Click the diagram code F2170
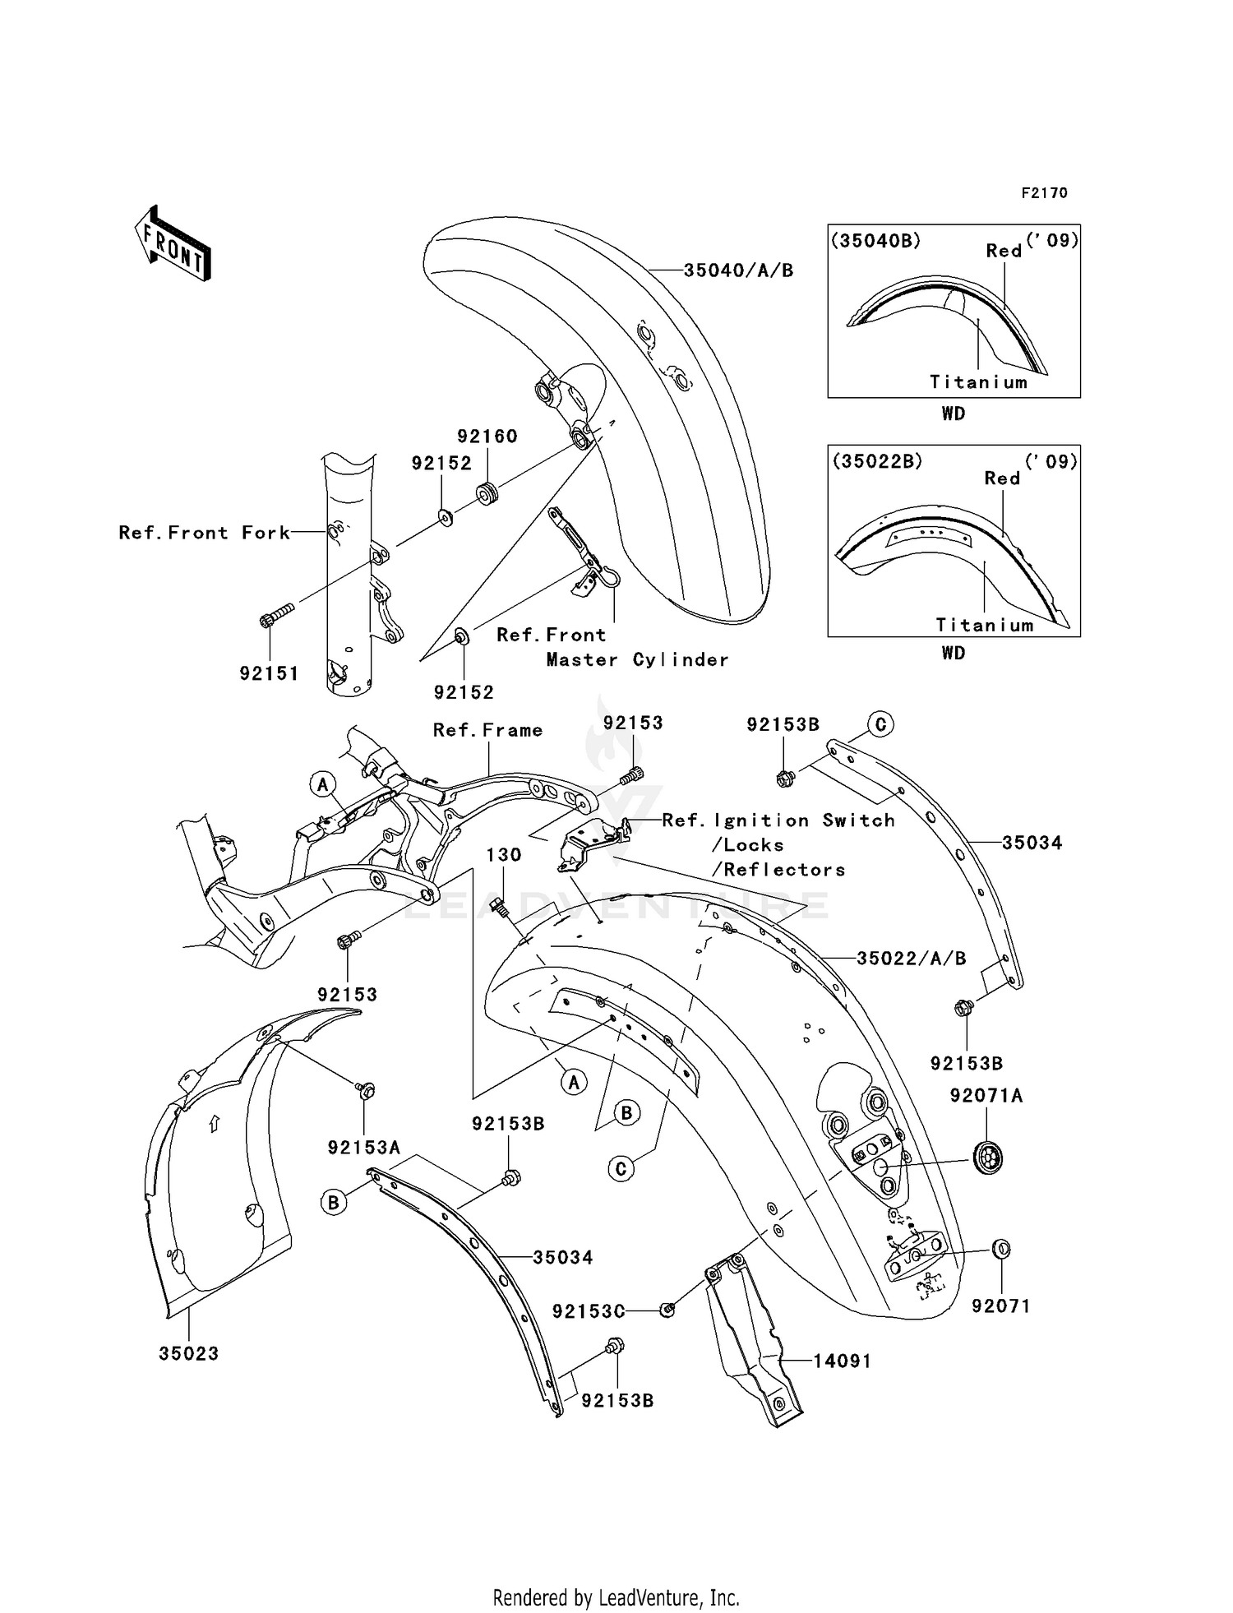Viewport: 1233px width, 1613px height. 1044,192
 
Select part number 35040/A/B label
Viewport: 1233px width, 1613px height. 738,270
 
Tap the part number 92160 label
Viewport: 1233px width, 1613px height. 487,437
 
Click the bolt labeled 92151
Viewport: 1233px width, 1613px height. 277,617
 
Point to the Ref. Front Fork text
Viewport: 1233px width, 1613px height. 205,533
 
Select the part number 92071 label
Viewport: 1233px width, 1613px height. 1000,1306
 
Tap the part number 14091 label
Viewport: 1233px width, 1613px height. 842,1361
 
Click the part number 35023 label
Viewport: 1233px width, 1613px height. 189,1354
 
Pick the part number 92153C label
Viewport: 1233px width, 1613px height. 589,1311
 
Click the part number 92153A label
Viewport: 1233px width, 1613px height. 363,1148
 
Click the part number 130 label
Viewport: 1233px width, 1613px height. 504,855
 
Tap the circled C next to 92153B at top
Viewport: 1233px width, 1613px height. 880,724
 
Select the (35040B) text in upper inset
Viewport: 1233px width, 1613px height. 875,241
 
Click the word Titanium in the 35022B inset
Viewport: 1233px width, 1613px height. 984,625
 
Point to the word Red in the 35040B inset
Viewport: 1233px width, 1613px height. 1004,251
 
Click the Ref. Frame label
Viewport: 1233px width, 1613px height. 487,730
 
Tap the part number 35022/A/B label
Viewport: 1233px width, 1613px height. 911,958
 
